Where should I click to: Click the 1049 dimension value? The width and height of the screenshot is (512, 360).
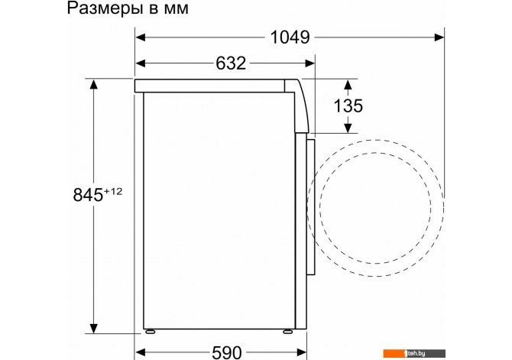point(290,37)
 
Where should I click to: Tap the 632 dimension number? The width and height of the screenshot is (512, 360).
point(231,63)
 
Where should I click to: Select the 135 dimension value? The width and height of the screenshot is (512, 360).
point(348,105)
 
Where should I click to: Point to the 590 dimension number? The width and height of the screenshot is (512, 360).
point(227,352)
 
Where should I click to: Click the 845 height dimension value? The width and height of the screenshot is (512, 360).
point(88,195)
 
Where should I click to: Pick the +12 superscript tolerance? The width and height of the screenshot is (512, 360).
point(113,191)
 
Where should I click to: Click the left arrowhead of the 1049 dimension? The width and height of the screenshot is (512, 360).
point(141,37)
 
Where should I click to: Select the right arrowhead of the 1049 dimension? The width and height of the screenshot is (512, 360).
point(439,37)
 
